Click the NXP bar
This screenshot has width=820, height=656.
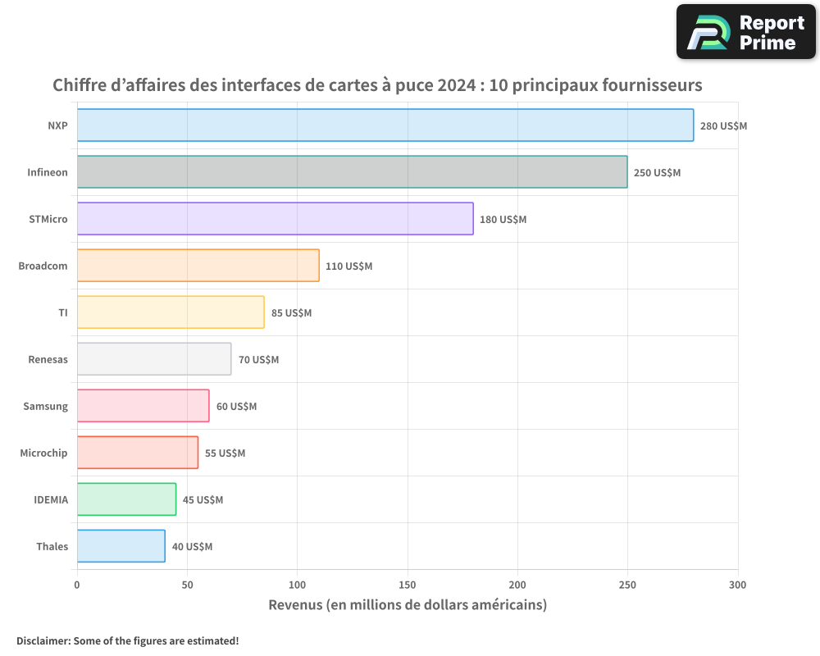pyautogui.click(x=385, y=125)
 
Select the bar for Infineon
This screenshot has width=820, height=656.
pyautogui.click(x=353, y=172)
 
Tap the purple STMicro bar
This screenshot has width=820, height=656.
pyautogui.click(x=276, y=219)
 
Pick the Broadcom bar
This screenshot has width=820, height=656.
pyautogui.click(x=198, y=266)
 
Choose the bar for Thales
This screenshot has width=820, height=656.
pyautogui.click(x=121, y=546)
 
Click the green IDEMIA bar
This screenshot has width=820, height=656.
pyautogui.click(x=127, y=499)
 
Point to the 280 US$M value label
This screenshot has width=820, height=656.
pyautogui.click(x=723, y=126)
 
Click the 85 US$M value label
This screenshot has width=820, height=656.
pyautogui.click(x=291, y=313)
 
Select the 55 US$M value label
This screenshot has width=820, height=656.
pyautogui.click(x=225, y=453)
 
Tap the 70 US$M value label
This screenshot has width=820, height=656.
pyautogui.click(x=258, y=360)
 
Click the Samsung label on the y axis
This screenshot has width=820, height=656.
pyautogui.click(x=46, y=407)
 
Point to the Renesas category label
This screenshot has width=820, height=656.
pyautogui.click(x=48, y=360)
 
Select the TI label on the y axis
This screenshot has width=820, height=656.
pyautogui.click(x=63, y=313)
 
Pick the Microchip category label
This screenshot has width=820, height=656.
pyautogui.click(x=44, y=453)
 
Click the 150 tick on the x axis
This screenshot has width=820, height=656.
pyautogui.click(x=408, y=585)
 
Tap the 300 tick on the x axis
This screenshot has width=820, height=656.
pyautogui.click(x=737, y=585)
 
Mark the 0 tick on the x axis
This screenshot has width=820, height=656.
pyautogui.click(x=77, y=585)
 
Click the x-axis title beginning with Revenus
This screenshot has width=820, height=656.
pyautogui.click(x=408, y=605)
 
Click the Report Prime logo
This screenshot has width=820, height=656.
pyautogui.click(x=745, y=32)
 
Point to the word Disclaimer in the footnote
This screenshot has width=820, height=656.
pyautogui.click(x=42, y=640)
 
